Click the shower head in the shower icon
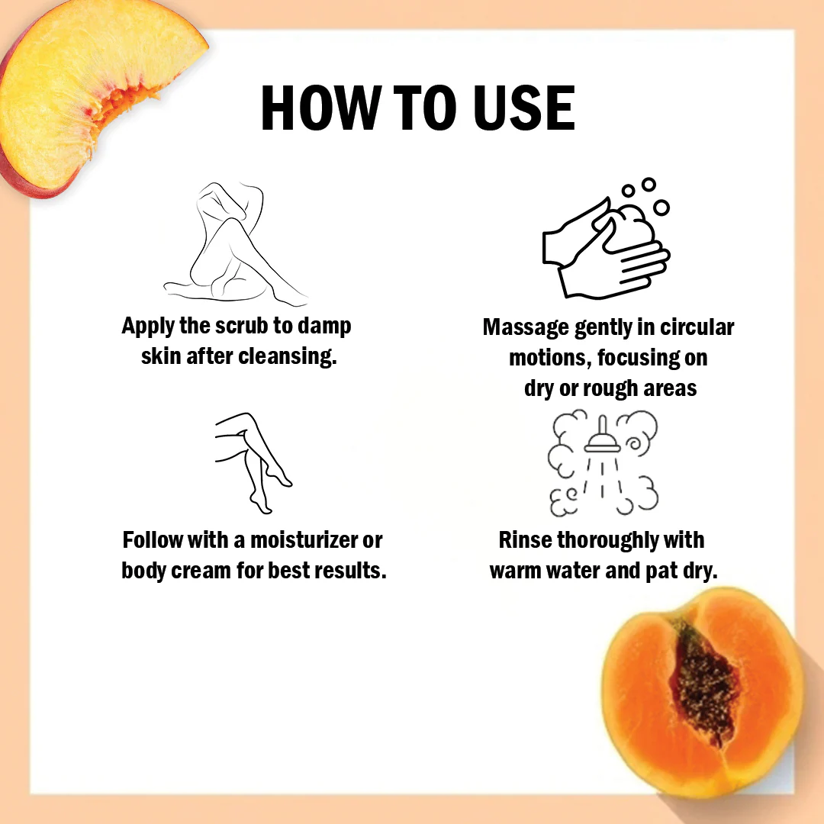pyautogui.click(x=602, y=437)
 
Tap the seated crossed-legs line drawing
pyautogui.click(x=235, y=244)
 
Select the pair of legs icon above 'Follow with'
pyautogui.click(x=253, y=462)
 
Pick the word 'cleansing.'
pyautogui.click(x=288, y=356)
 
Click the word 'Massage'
pyautogui.click(x=526, y=328)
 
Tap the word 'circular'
pyautogui.click(x=697, y=327)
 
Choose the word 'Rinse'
pyautogui.click(x=525, y=539)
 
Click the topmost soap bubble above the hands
pyautogui.click(x=649, y=185)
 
